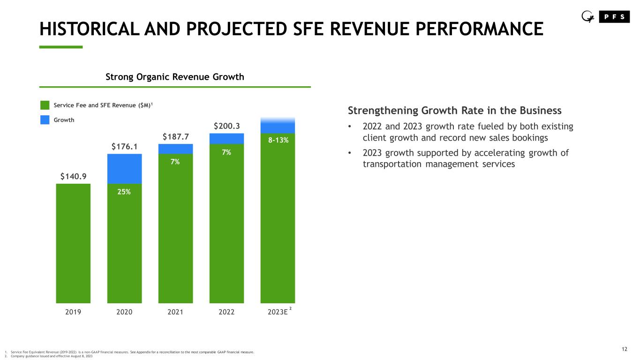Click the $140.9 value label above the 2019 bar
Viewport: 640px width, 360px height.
coord(73,176)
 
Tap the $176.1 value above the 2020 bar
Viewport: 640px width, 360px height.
coord(124,147)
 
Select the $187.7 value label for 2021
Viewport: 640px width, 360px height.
coord(175,136)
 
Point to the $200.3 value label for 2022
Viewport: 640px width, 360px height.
coord(226,126)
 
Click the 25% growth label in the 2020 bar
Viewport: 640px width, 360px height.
coord(124,191)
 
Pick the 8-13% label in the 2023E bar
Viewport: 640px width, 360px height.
coord(278,140)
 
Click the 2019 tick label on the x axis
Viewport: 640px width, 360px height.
coord(73,312)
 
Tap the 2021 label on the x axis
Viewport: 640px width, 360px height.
coord(175,312)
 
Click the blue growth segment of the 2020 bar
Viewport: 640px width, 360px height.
coord(124,168)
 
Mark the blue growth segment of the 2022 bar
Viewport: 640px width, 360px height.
coord(226,138)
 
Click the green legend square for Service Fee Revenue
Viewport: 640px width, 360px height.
coord(45,105)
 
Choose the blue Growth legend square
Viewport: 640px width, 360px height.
coord(45,120)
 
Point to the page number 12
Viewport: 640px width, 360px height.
coord(624,349)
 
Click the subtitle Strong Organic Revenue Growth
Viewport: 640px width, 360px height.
coord(174,77)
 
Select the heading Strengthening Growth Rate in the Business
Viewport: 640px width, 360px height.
coord(454,111)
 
